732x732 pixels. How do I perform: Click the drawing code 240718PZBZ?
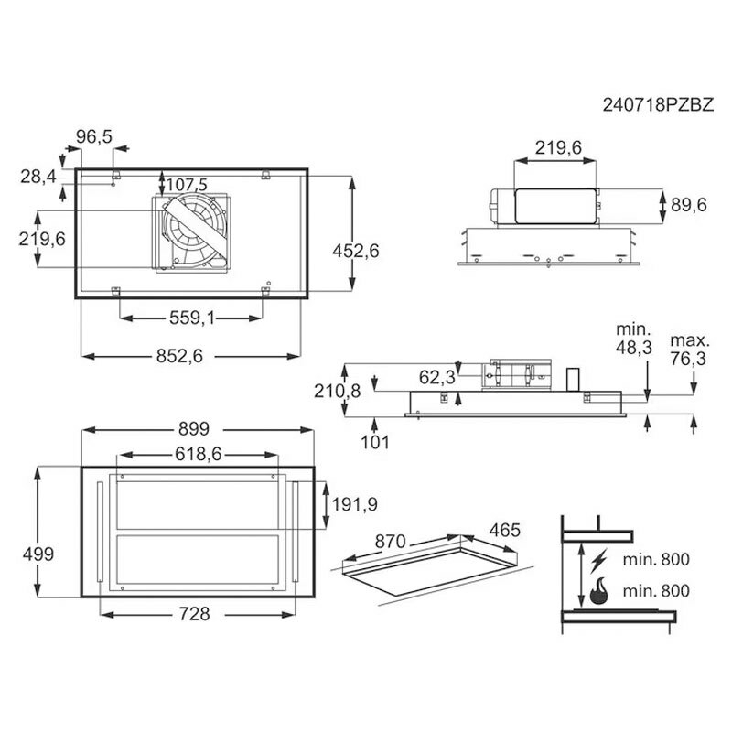click(658, 104)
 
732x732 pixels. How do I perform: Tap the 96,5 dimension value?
click(94, 136)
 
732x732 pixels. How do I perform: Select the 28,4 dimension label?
click(38, 177)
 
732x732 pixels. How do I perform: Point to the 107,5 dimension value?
click(187, 185)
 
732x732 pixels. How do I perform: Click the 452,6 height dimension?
click(356, 251)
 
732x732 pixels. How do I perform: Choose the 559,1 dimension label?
click(192, 318)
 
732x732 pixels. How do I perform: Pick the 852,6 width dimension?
click(179, 356)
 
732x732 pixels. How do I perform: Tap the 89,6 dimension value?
click(689, 205)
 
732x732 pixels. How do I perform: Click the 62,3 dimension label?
click(437, 377)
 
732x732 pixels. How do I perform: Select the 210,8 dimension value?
click(337, 391)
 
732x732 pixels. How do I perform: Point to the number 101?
click(375, 442)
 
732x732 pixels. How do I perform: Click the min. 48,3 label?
click(633, 338)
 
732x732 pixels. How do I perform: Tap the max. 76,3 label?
click(690, 350)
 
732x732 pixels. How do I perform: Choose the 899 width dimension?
click(194, 429)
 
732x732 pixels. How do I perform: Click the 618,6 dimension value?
click(199, 454)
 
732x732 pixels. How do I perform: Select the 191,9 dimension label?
click(355, 504)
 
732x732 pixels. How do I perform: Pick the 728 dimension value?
click(195, 614)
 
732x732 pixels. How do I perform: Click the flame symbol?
click(599, 590)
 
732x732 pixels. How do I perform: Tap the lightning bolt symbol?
click(599, 561)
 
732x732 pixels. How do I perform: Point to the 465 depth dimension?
click(505, 531)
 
